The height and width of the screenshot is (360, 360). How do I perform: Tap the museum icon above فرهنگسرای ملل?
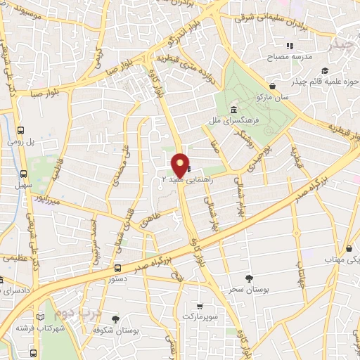click(x=233, y=110)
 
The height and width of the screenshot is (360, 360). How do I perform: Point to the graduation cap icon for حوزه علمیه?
click(x=324, y=70)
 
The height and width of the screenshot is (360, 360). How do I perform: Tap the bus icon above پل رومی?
click(x=21, y=131)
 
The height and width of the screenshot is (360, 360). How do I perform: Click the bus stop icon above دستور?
click(x=117, y=268)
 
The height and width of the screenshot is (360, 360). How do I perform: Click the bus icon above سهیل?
click(x=24, y=174)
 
